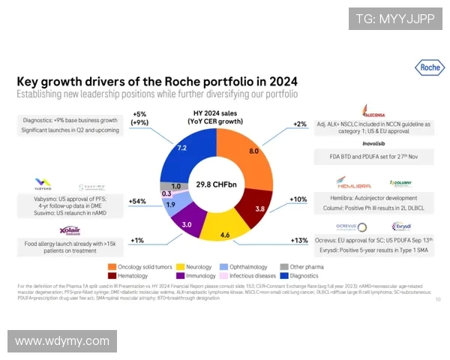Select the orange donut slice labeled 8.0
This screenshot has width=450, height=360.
click(x=254, y=151)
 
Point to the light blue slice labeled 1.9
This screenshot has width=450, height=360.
click(x=170, y=204)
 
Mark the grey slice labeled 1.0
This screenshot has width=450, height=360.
click(x=175, y=186)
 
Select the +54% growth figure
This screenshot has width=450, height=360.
click(x=136, y=202)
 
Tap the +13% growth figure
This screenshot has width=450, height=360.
click(x=300, y=240)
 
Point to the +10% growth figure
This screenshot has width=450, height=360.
click(x=299, y=199)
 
